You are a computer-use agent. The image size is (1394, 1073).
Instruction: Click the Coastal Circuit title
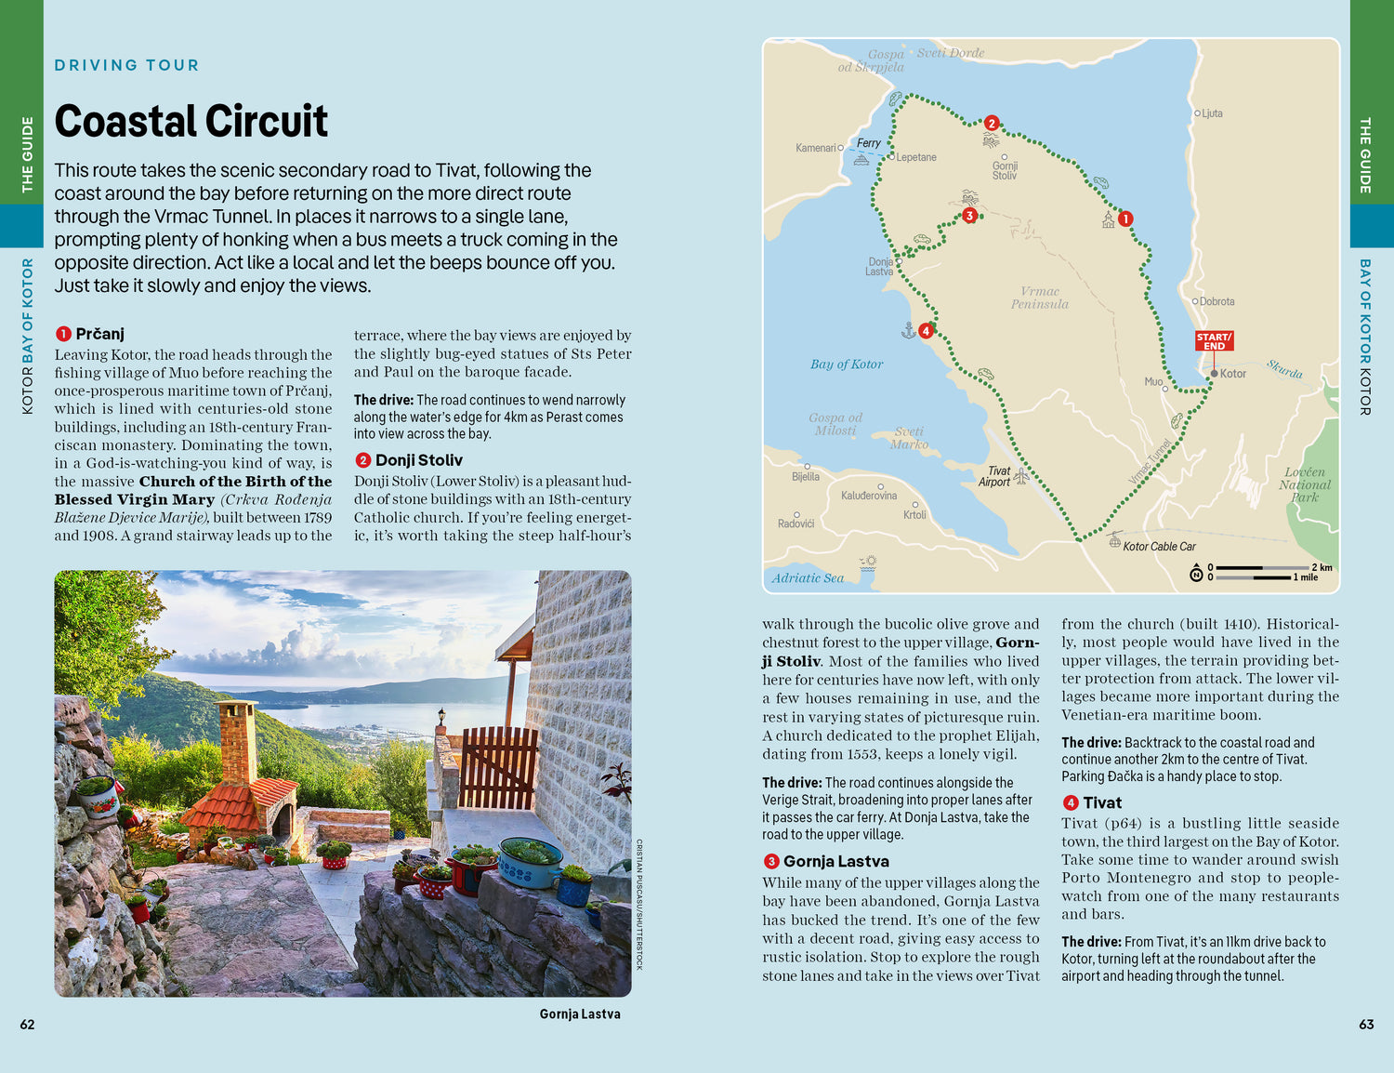[x=191, y=121]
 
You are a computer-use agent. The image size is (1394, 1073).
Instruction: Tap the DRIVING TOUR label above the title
[x=127, y=65]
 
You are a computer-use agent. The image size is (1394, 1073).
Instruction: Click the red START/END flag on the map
[x=1214, y=341]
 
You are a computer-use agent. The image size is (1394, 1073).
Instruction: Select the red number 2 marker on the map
[x=992, y=123]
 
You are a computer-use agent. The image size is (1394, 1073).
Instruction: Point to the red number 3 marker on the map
[x=969, y=216]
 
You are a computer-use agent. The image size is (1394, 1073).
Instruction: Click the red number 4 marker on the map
[x=926, y=331]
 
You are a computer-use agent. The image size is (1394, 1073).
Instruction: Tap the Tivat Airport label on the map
[x=994, y=476]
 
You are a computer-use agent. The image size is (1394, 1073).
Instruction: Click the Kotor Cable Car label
[x=1159, y=547]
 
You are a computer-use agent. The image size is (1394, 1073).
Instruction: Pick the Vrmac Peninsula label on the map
[x=1040, y=298]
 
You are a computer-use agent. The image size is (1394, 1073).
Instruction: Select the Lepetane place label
[x=916, y=157]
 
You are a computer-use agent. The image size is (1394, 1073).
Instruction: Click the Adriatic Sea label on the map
[x=808, y=578]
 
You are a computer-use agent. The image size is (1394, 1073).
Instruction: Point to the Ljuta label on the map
[x=1212, y=113]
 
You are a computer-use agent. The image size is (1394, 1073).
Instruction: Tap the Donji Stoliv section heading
[x=418, y=460]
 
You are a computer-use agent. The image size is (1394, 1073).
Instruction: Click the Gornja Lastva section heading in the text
[x=835, y=862]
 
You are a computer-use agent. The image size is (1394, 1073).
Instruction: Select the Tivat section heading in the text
[x=1102, y=802]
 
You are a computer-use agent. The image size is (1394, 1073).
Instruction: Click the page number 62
[x=27, y=1025]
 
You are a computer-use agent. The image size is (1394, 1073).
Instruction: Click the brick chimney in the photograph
[x=238, y=741]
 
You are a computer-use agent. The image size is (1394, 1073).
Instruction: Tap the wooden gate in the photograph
[x=498, y=767]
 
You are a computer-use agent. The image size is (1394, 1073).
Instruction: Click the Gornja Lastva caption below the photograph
[x=580, y=1014]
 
